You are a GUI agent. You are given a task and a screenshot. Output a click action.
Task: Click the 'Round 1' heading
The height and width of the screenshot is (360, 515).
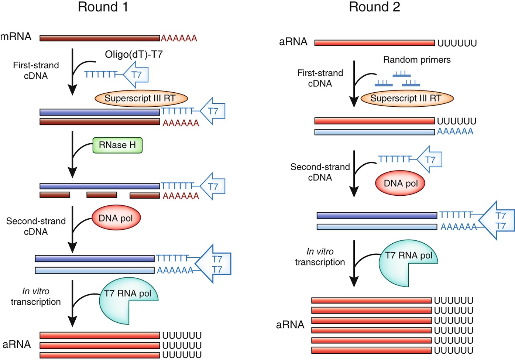coord(103,7)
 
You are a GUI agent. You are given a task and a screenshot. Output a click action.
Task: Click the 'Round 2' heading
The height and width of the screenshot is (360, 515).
coord(374,7)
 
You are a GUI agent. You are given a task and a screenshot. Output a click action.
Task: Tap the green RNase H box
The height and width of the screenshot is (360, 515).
coord(117,145)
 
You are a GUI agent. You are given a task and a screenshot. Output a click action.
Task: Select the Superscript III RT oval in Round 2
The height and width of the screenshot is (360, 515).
coord(406,99)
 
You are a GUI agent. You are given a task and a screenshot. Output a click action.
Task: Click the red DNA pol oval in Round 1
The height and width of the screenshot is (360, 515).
coord(116,218)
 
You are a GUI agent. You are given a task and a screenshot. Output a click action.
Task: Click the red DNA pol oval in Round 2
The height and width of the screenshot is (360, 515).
coord(401,183)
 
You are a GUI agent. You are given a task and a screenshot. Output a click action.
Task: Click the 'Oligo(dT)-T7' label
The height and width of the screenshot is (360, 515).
coord(134,55)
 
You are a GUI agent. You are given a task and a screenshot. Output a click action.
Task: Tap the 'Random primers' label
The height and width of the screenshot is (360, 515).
coord(417,60)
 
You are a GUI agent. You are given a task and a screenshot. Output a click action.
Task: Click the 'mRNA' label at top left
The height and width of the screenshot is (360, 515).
coord(16,37)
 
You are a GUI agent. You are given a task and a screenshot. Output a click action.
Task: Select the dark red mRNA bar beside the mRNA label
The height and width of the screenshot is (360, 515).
coord(100,38)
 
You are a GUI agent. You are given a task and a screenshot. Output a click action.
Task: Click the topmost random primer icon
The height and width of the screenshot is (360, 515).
coord(401,75)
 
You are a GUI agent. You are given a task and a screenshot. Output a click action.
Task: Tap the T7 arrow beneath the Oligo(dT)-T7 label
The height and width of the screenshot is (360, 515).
coord(136,75)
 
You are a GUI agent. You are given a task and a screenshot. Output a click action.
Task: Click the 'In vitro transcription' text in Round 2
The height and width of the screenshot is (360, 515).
coord(320,257)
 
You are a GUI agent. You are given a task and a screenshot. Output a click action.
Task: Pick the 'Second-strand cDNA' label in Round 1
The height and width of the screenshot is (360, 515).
coord(36,226)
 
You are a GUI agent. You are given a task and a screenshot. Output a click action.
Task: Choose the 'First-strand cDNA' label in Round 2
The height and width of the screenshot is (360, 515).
coord(320,78)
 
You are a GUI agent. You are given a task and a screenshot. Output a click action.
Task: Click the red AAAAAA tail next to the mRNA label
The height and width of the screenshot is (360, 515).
coord(179,38)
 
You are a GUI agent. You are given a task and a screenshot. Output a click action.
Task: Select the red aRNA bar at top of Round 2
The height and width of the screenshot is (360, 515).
coord(374,43)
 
